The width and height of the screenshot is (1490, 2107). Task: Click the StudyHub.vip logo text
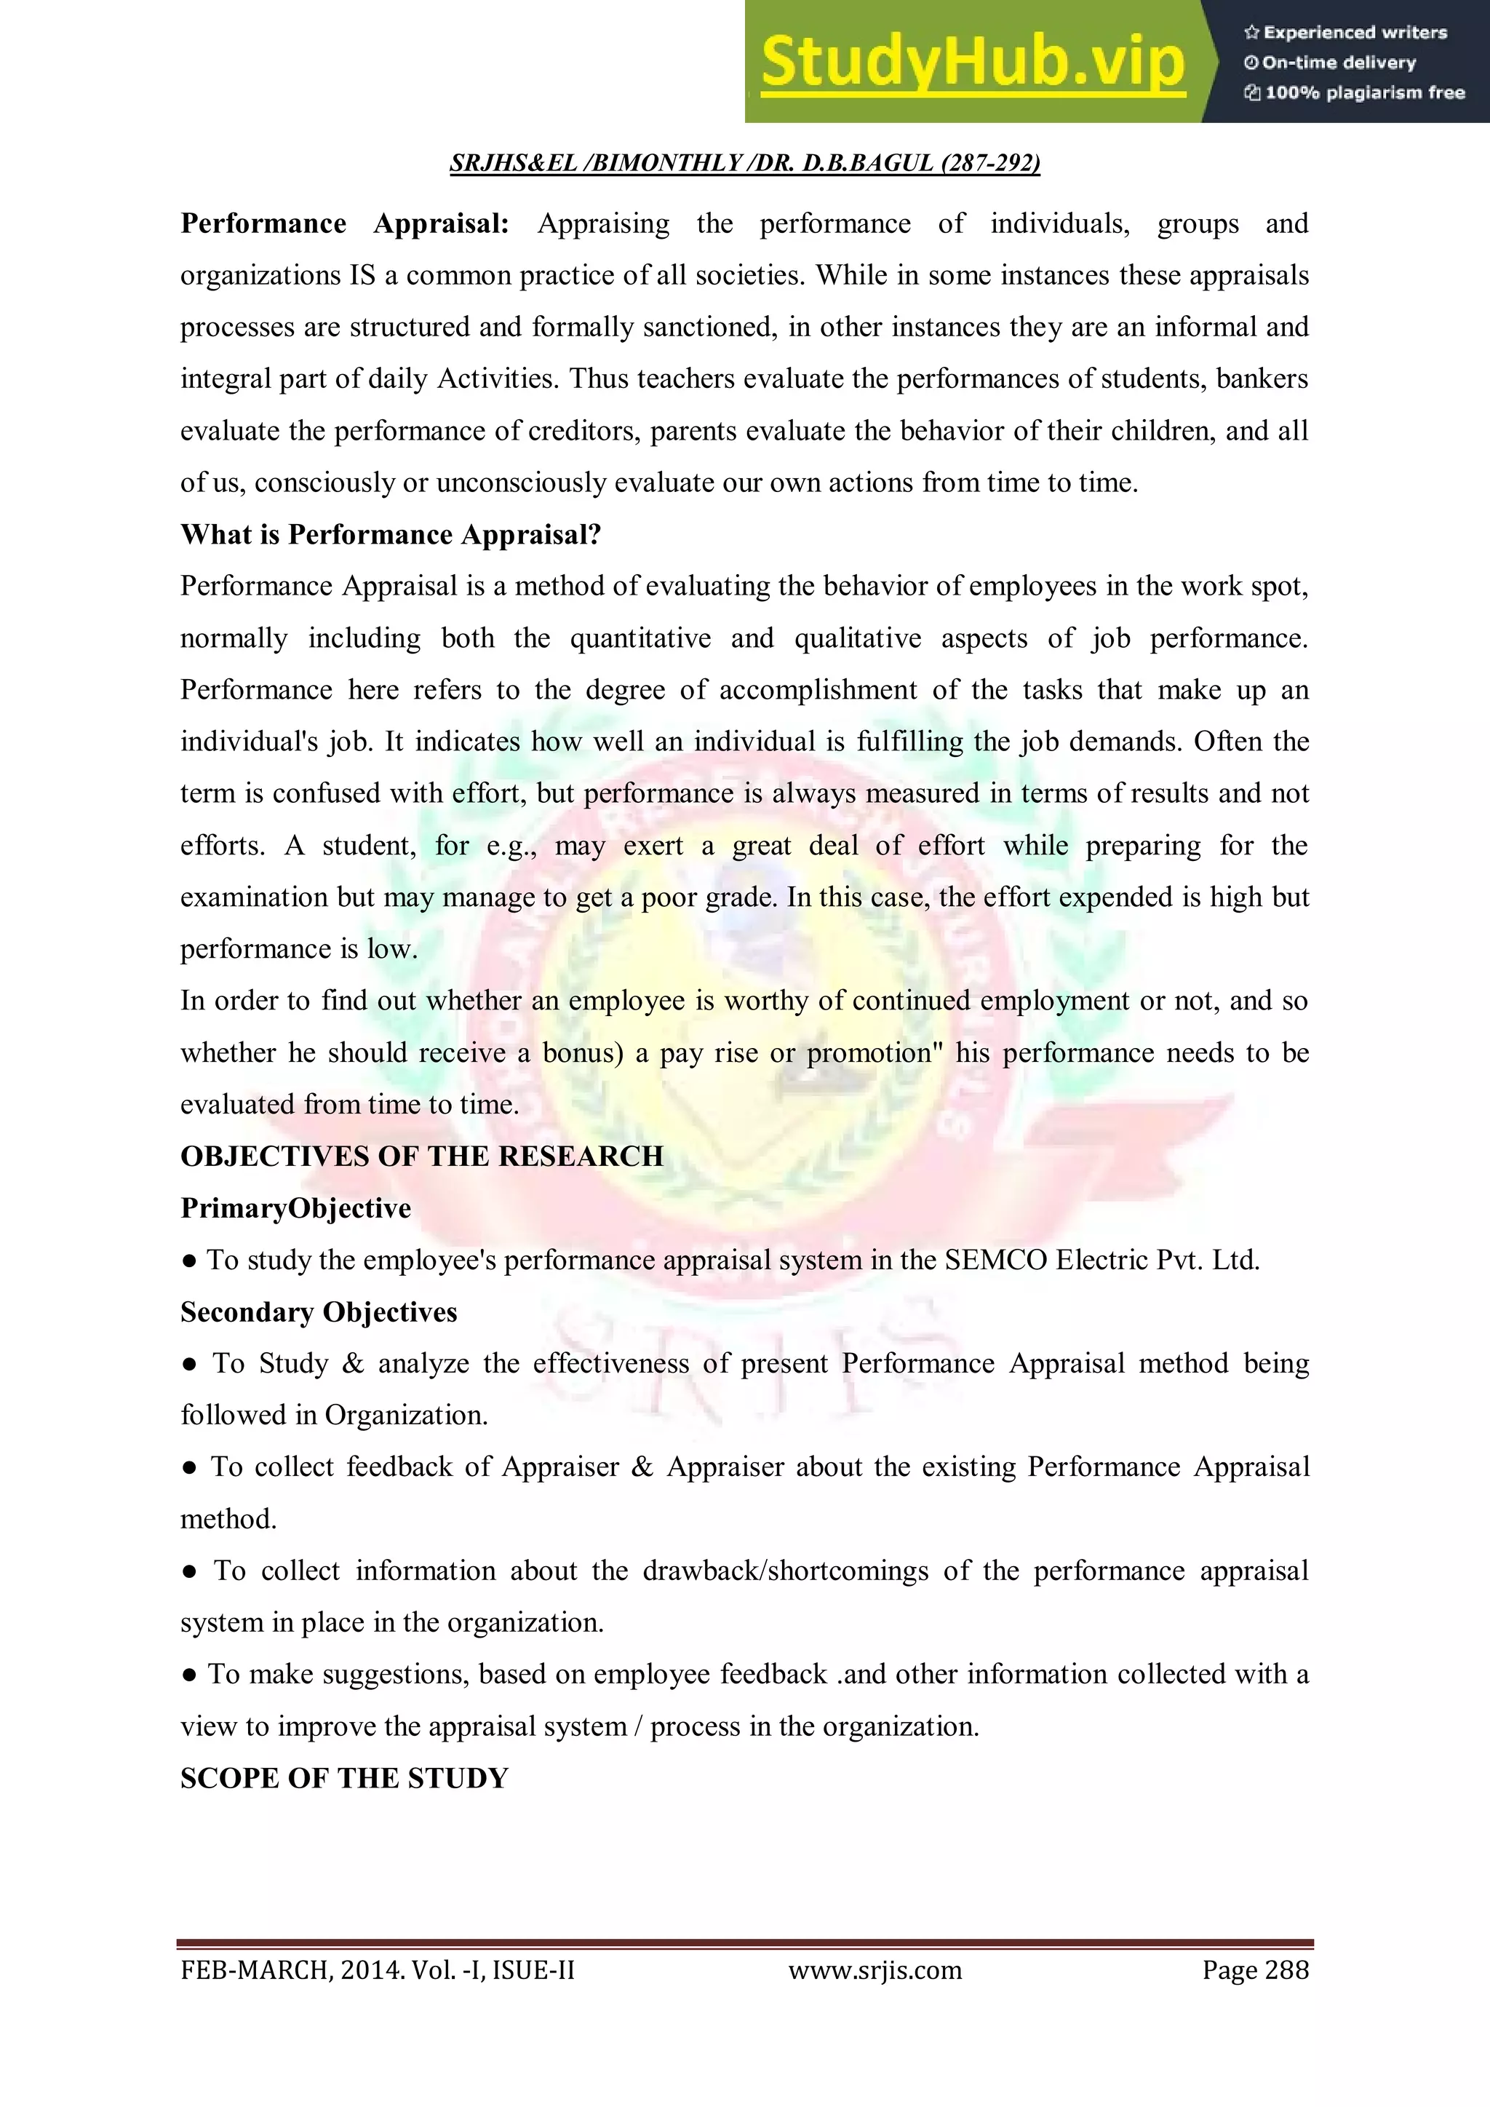pyautogui.click(x=973, y=63)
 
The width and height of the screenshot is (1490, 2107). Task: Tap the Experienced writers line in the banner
pyautogui.click(x=1346, y=33)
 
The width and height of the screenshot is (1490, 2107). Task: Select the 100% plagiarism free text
pyautogui.click(x=1355, y=92)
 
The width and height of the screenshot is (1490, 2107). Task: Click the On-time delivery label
pyautogui.click(x=1331, y=63)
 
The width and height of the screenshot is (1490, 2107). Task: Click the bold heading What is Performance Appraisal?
pyautogui.click(x=390, y=535)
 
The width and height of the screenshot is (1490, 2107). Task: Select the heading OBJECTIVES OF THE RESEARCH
pyautogui.click(x=421, y=1156)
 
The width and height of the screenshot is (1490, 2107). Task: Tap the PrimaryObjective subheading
pyautogui.click(x=295, y=1209)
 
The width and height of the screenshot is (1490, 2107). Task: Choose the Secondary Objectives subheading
pyautogui.click(x=319, y=1312)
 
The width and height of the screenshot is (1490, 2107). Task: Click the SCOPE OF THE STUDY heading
pyautogui.click(x=344, y=1779)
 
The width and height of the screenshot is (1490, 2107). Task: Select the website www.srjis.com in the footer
pyautogui.click(x=875, y=1970)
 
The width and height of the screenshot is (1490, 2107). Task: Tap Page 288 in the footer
pyautogui.click(x=1254, y=1970)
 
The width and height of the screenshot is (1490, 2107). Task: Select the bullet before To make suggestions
pyautogui.click(x=189, y=1675)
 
